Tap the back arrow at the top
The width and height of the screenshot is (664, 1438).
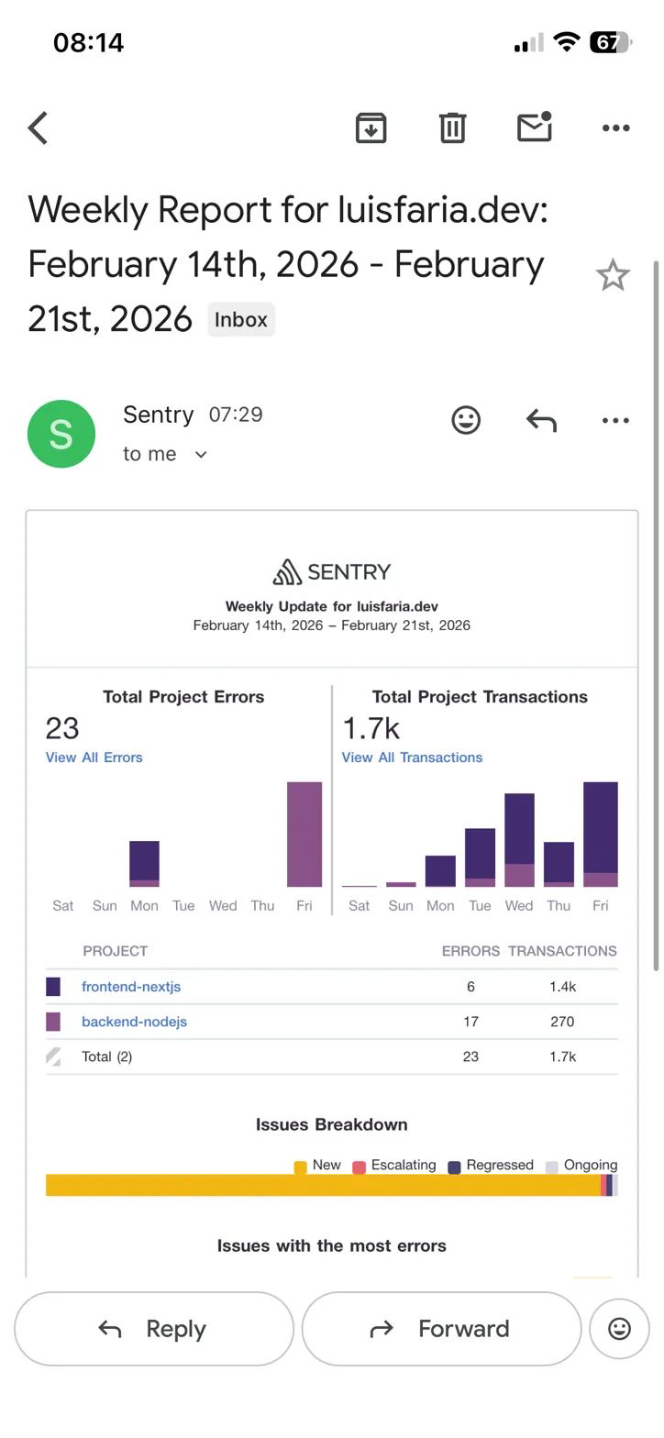[x=39, y=128]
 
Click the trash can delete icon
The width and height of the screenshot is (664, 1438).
[x=452, y=127]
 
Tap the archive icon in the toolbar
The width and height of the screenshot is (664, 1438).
[x=371, y=127]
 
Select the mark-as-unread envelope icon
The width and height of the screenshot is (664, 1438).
[x=534, y=127]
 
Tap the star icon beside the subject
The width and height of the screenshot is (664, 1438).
[x=613, y=275]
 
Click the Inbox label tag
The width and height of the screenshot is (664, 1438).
[x=241, y=320]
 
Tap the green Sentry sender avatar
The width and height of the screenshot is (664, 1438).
[x=61, y=434]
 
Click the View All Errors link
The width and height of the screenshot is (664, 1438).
[x=94, y=758]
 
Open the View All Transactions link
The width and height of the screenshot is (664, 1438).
[x=412, y=758]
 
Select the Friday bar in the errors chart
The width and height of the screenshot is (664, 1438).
[x=304, y=835]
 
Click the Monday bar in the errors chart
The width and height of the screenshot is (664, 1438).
[x=144, y=864]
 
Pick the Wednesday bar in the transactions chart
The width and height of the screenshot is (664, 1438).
[x=519, y=839]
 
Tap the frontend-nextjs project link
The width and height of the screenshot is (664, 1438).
[x=131, y=987]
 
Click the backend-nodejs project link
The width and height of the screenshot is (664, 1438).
[x=134, y=1022]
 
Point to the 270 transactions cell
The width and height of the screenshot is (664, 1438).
[x=562, y=1022]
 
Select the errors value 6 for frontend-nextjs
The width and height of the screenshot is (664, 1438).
[x=470, y=987]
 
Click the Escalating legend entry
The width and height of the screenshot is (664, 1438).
[x=394, y=1166]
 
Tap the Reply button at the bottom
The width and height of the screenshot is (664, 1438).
[x=154, y=1329]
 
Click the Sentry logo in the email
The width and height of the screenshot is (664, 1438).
[x=332, y=571]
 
